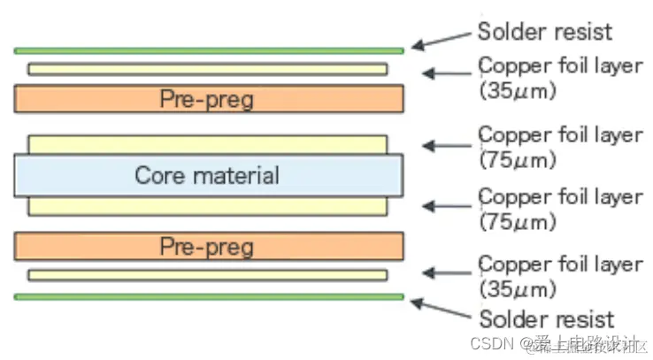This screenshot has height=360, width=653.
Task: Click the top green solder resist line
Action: (x=209, y=51)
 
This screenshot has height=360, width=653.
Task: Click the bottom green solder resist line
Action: (x=209, y=297)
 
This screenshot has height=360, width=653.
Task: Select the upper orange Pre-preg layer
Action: (x=209, y=98)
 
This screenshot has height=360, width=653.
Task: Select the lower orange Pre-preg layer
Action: (x=209, y=245)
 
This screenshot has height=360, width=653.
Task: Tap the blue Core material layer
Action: (x=209, y=175)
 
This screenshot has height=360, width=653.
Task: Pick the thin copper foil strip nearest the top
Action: (x=209, y=69)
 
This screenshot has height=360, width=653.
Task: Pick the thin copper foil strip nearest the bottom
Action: (x=209, y=275)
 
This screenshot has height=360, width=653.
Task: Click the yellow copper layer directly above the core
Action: (x=209, y=144)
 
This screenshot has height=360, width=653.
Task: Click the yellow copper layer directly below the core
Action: (x=209, y=206)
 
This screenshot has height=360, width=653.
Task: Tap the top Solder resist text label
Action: (x=546, y=32)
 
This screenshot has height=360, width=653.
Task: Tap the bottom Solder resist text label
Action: (x=546, y=319)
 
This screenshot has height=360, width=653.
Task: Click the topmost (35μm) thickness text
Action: (x=518, y=90)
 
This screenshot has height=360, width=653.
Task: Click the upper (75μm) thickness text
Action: (x=518, y=160)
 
